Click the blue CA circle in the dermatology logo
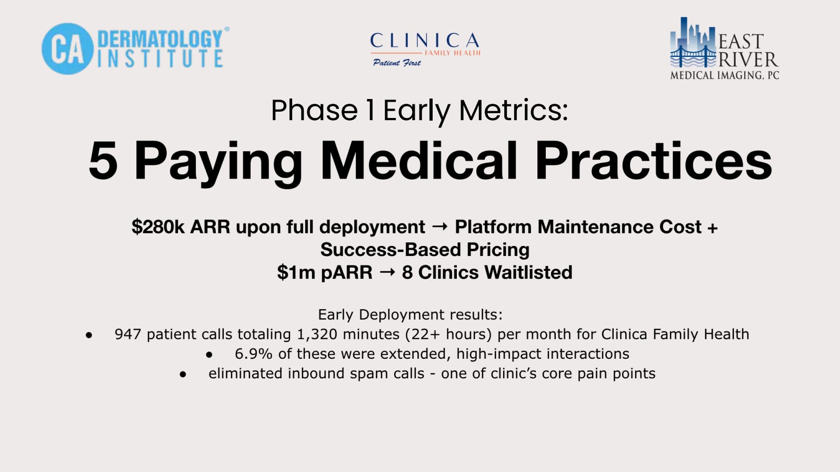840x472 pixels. click(67, 48)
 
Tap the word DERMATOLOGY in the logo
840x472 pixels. click(160, 38)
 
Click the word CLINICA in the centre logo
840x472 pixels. click(424, 41)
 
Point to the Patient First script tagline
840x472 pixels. click(397, 63)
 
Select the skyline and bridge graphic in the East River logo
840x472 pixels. click(693, 43)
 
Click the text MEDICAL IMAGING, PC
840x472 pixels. click(724, 75)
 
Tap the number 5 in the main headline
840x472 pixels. click(103, 161)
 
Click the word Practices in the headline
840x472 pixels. click(653, 161)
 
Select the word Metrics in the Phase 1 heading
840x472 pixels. click(509, 111)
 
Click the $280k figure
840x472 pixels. click(158, 227)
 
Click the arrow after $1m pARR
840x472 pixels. click(387, 272)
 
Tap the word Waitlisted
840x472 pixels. click(528, 272)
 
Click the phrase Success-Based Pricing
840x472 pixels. click(425, 250)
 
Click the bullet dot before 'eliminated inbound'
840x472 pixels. click(183, 374)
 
